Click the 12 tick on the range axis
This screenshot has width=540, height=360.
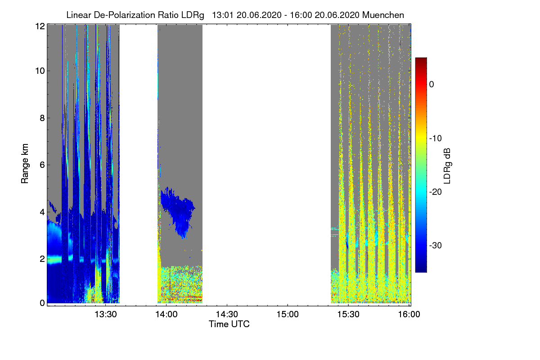click(40, 26)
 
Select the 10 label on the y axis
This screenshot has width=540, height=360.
click(40, 71)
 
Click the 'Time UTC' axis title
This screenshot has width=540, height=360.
click(229, 324)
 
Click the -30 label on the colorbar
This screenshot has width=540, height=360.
click(435, 246)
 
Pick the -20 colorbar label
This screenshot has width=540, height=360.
click(435, 192)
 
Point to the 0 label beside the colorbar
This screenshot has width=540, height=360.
click(432, 84)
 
